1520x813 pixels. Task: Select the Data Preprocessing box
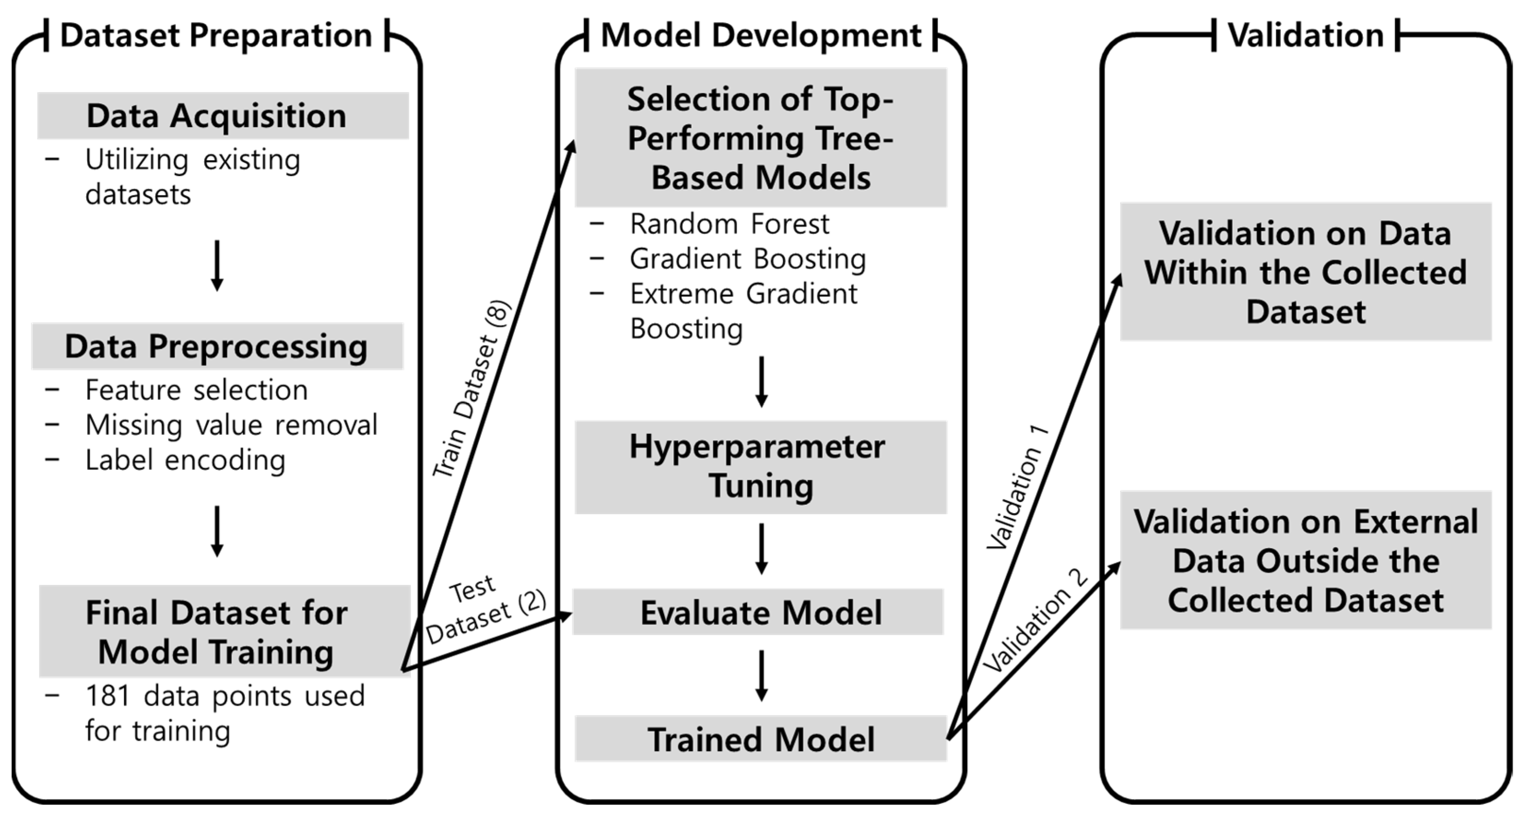tap(217, 346)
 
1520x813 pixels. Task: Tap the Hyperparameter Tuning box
tap(760, 467)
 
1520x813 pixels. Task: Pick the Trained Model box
tap(760, 739)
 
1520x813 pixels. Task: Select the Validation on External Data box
tap(1305, 560)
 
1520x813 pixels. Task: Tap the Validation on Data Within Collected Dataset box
tap(1305, 272)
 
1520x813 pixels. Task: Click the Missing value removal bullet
tap(231, 425)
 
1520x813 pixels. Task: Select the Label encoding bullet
tap(185, 460)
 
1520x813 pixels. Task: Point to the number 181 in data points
tap(107, 696)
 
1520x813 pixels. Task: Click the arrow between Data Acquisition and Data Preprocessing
tap(217, 265)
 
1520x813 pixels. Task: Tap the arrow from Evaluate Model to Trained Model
tap(761, 676)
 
